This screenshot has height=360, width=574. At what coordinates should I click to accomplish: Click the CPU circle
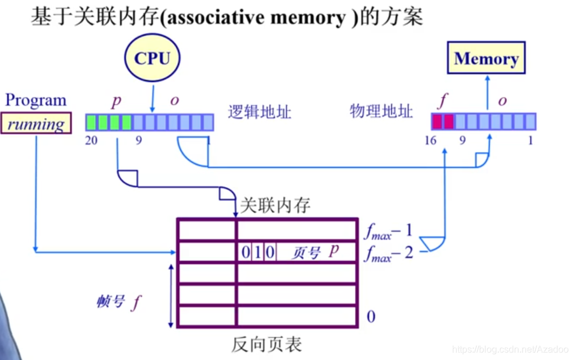click(152, 58)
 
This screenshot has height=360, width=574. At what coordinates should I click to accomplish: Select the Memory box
click(486, 58)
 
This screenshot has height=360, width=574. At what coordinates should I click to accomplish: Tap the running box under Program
click(36, 124)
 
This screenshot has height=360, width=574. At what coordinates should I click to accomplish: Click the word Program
click(36, 100)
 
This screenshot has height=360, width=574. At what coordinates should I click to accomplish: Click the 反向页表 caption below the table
click(267, 344)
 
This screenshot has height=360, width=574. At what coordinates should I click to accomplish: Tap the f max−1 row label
click(388, 230)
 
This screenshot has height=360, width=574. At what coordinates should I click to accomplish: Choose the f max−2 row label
click(388, 253)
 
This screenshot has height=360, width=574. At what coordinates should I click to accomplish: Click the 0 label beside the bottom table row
click(371, 317)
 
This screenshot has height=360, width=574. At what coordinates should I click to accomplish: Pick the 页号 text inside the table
click(306, 253)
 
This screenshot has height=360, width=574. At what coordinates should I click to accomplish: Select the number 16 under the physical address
click(430, 141)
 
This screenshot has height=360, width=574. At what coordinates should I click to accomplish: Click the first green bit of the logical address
click(92, 122)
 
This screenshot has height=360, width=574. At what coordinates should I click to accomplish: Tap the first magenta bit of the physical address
click(437, 121)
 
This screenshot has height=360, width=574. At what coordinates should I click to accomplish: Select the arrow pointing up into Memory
click(488, 93)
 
